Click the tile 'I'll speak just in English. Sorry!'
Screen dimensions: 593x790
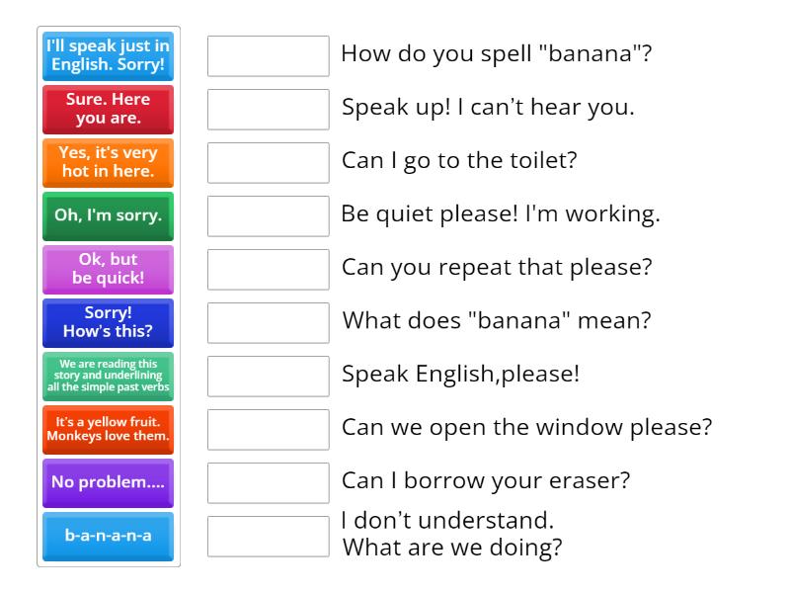point(108,56)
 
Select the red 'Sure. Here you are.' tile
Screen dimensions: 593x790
point(108,110)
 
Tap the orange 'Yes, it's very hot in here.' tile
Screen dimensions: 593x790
point(108,163)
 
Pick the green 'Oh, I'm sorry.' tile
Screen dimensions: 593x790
point(108,216)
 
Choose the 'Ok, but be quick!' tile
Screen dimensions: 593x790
point(108,270)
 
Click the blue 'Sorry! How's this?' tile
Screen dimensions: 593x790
point(108,323)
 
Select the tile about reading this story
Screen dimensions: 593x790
point(108,377)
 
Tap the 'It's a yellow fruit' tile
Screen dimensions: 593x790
point(108,430)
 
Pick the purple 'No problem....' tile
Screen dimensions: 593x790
point(108,483)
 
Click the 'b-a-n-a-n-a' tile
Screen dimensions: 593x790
point(108,537)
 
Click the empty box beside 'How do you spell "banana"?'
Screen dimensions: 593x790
point(268,56)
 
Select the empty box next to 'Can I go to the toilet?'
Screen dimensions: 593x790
point(268,163)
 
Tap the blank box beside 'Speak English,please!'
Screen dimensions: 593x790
point(268,377)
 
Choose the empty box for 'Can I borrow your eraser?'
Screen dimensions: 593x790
point(268,483)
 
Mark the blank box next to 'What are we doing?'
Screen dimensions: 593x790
point(268,537)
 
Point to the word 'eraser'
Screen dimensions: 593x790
point(593,481)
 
